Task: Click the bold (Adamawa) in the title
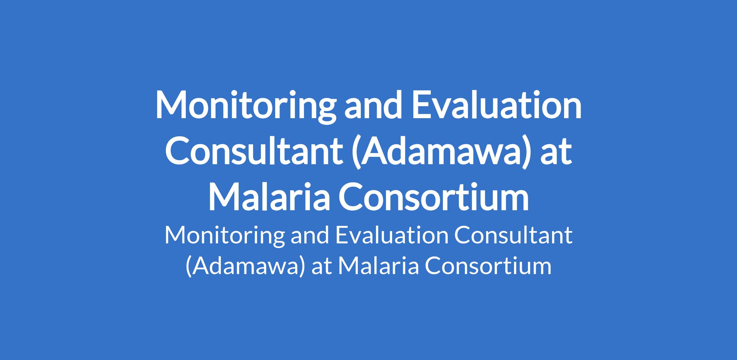click(441, 152)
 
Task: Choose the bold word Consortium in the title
click(433, 197)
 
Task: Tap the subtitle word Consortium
click(488, 266)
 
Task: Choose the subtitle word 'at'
click(322, 267)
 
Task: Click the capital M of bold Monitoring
click(172, 105)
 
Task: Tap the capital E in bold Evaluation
click(420, 105)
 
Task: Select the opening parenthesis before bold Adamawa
click(356, 153)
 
